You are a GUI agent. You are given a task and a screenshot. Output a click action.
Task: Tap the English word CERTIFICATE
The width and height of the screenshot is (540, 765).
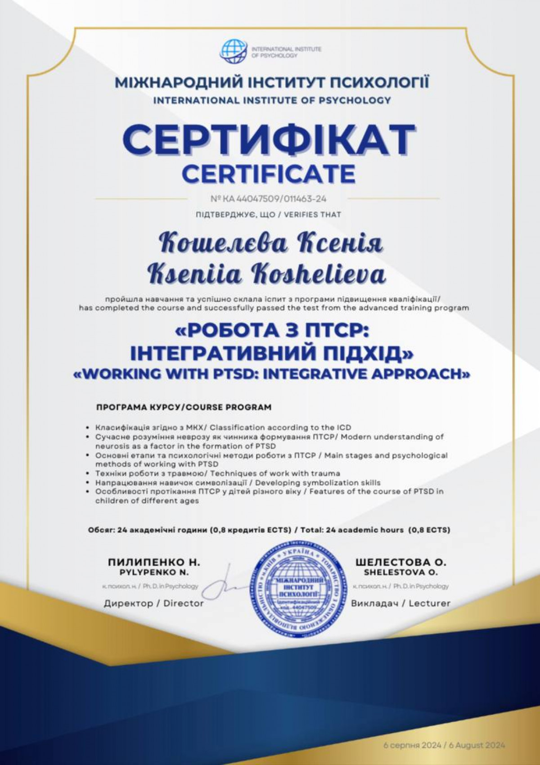pyautogui.click(x=269, y=174)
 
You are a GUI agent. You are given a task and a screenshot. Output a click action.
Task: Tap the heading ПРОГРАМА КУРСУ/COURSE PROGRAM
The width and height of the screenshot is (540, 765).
pyautogui.click(x=184, y=408)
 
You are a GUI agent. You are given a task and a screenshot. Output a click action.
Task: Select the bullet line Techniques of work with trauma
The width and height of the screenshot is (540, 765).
pyautogui.click(x=217, y=473)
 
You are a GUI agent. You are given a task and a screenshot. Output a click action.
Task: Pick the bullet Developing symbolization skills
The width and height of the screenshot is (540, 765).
pyautogui.click(x=238, y=482)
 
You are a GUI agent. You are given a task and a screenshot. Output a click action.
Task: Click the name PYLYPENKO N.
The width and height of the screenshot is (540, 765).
pyautogui.click(x=154, y=572)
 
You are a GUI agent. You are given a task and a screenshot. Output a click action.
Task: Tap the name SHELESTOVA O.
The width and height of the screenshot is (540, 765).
pyautogui.click(x=400, y=572)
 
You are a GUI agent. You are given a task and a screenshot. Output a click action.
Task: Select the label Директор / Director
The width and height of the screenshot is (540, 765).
pyautogui.click(x=154, y=603)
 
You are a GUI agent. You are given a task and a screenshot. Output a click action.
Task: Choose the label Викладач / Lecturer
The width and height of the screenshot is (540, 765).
pyautogui.click(x=400, y=603)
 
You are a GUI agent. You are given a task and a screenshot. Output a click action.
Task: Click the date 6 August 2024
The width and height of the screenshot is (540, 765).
pyautogui.click(x=478, y=745)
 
